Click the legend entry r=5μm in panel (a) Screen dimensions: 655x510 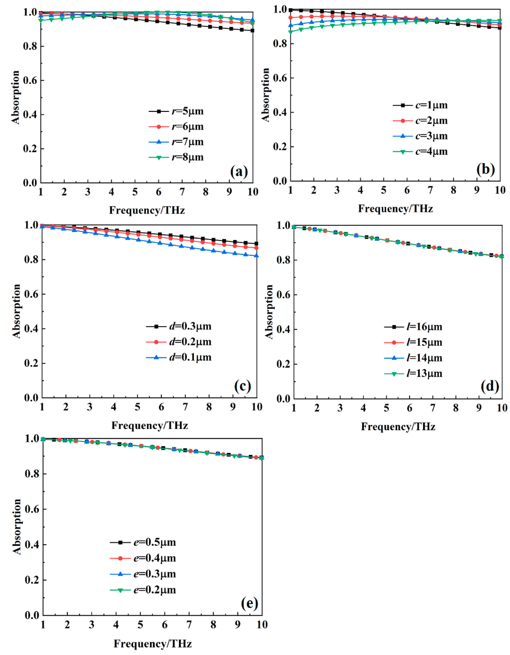click(176, 111)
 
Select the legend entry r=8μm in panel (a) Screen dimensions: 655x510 click(176, 157)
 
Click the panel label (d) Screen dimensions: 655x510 click(490, 387)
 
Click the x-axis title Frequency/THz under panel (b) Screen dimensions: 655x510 click(395, 208)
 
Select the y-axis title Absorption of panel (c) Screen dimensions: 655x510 click(16, 311)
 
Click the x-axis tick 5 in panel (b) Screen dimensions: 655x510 click(383, 190)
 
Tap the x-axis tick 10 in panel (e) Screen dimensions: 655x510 click(262, 625)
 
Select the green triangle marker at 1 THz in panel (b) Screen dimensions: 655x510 click(290, 32)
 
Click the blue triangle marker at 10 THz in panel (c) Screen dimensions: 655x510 click(256, 256)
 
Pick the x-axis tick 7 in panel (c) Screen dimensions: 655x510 click(185, 407)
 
